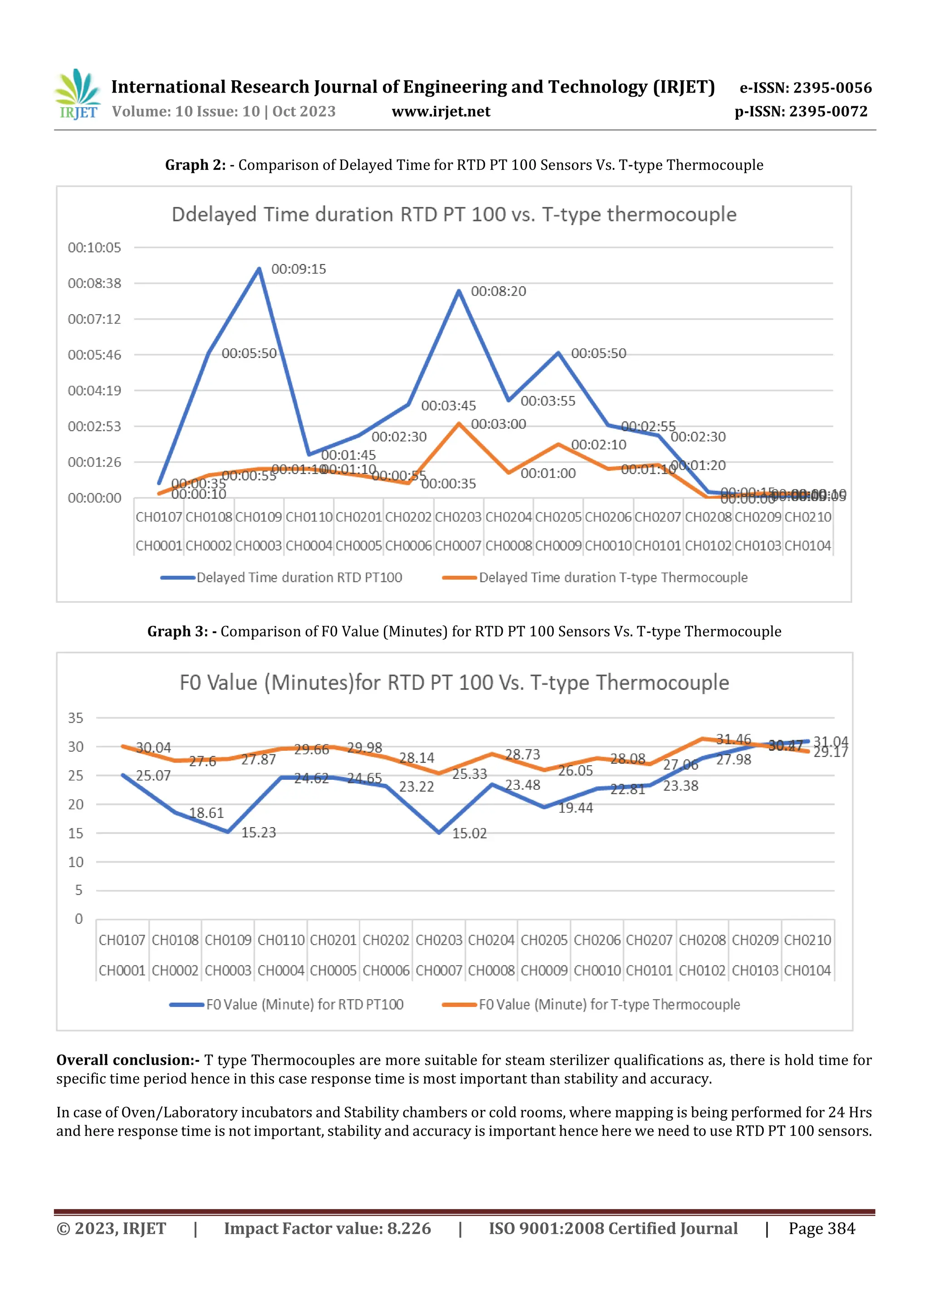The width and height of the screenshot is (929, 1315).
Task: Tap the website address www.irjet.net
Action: click(441, 112)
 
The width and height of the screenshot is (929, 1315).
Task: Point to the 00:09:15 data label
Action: click(298, 269)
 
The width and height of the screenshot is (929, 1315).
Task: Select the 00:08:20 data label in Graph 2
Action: click(498, 291)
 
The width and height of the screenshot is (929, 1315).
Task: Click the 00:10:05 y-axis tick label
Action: click(94, 248)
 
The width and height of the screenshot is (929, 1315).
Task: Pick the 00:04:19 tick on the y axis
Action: click(94, 391)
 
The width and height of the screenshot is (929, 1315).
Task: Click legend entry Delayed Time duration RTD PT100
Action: click(299, 577)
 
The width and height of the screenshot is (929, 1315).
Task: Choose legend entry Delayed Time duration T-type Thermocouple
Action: click(612, 577)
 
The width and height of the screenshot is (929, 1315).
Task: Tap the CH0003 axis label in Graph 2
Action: click(258, 546)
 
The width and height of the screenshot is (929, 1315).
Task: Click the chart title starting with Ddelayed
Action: click(454, 215)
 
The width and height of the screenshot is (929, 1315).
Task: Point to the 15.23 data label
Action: click(258, 833)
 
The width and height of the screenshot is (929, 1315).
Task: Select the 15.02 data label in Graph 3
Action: click(469, 834)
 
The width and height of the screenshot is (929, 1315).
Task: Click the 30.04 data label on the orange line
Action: click(153, 748)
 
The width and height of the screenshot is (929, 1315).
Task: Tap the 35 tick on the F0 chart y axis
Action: click(76, 718)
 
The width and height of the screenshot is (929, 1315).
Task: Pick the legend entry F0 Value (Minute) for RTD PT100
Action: click(304, 1005)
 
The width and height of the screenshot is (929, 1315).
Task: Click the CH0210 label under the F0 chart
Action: click(807, 941)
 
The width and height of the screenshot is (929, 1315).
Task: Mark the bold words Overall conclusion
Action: click(127, 1060)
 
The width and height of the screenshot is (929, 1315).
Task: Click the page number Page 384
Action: click(821, 1228)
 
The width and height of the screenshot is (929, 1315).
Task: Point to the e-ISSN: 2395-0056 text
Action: click(805, 88)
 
